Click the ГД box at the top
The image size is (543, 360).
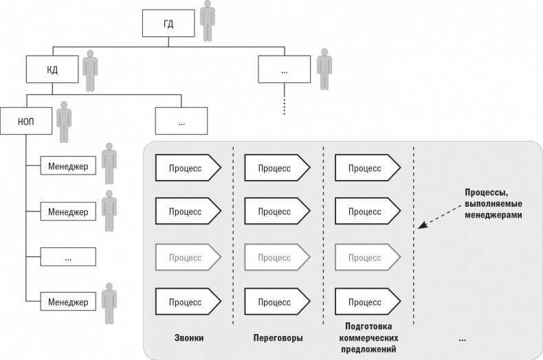coord(168,25)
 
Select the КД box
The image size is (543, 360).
coord(53,69)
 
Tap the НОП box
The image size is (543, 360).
coord(26,120)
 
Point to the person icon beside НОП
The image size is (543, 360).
coord(64,121)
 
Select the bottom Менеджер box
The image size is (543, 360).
coord(68,302)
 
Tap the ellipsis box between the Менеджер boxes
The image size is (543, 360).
coord(68,257)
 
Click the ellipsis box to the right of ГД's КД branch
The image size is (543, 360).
coord(285,70)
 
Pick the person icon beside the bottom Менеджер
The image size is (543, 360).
coord(109,302)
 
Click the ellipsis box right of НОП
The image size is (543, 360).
coord(181,122)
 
